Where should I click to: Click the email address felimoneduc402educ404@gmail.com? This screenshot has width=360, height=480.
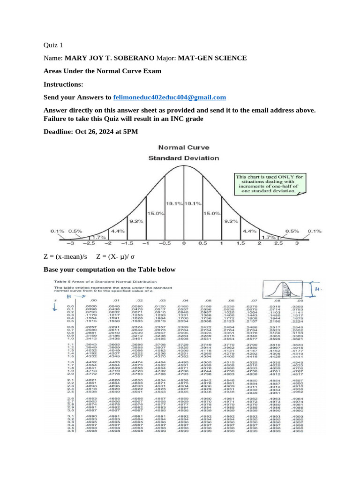pos(170,97)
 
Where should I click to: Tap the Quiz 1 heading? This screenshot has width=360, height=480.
pos(52,45)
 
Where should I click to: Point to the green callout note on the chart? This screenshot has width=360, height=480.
pos(270,184)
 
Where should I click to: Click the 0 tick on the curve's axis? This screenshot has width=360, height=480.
pos(183,243)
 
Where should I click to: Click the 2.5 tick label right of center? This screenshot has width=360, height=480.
pos(278,243)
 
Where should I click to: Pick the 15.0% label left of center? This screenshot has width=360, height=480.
pos(156,213)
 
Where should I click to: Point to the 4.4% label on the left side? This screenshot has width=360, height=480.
pos(117,231)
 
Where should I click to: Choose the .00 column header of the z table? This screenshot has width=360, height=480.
pos(94,300)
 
